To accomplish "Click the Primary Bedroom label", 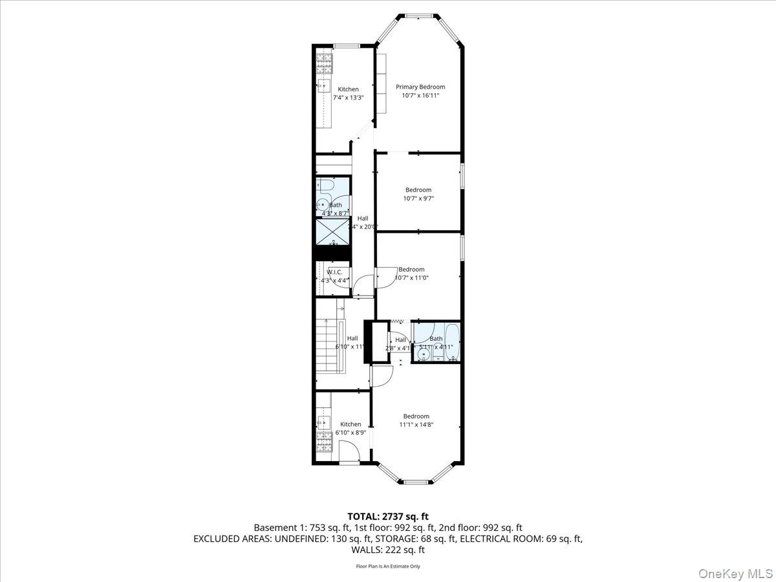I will click(420, 87).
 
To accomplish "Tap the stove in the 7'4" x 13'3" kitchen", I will click(323, 62).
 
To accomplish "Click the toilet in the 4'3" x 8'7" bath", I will click(327, 187).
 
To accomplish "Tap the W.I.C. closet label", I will click(334, 272).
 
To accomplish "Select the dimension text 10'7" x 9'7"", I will click(418, 199).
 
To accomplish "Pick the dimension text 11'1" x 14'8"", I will click(416, 425).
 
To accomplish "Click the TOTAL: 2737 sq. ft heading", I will click(388, 516).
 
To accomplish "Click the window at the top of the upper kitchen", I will click(347, 45).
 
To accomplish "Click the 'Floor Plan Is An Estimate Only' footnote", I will click(388, 566).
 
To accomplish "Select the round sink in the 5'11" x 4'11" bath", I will click(423, 353).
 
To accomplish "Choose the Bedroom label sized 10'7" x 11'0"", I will click(411, 270).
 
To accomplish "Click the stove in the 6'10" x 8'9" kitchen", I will click(323, 443).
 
